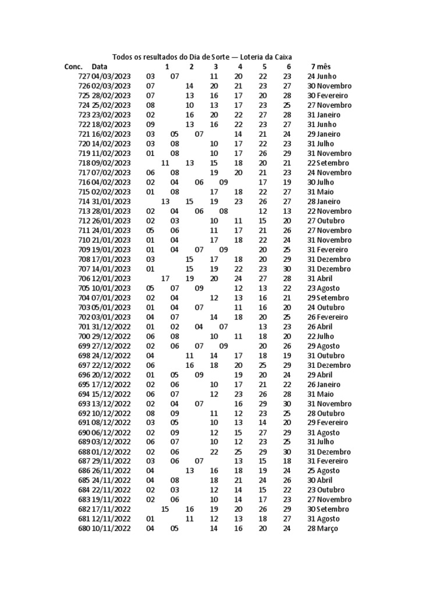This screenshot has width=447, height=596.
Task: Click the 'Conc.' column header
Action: [x=73, y=66]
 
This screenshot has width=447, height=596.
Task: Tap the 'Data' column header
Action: [x=100, y=66]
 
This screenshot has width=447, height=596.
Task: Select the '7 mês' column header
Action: [x=320, y=66]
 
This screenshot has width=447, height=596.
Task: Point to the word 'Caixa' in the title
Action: [x=281, y=56]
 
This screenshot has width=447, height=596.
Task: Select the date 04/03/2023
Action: [x=111, y=76]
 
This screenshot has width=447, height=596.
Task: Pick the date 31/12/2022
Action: [x=111, y=327]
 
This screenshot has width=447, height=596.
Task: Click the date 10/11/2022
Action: [x=111, y=528]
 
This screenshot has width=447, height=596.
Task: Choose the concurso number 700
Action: [x=83, y=336]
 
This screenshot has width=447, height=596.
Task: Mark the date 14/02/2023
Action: [x=111, y=143]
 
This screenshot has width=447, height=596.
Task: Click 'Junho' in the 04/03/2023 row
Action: [x=328, y=76]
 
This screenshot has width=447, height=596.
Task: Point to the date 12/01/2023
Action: [x=111, y=278]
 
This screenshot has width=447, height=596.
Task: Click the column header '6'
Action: [x=288, y=66]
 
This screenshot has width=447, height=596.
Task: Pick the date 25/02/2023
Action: [x=111, y=105]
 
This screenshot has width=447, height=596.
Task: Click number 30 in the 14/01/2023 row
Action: [x=287, y=269]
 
